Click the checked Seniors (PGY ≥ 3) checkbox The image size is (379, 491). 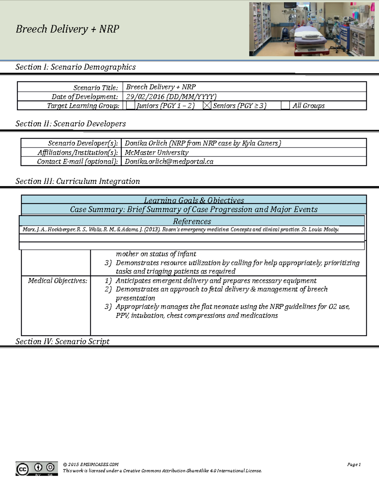coord(207,106)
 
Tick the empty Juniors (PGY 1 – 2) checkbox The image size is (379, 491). coord(130,106)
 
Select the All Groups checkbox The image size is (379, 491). coord(285,106)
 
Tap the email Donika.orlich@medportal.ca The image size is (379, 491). coord(169,162)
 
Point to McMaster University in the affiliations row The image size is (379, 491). coord(157,152)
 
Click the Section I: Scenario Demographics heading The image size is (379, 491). coord(75,67)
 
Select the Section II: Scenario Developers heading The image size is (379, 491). coord(70,124)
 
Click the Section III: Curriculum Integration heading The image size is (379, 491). coord(78,181)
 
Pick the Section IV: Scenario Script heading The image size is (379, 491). coord(63,341)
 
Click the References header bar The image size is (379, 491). coord(192,221)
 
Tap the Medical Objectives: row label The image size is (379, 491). coord(57,281)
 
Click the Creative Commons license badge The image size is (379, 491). coord(37,469)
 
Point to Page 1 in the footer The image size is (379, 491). coord(354,464)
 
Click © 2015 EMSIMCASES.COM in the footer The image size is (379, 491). coord(91,464)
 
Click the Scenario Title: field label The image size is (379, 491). coord(95,88)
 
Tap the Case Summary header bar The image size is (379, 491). coord(194,209)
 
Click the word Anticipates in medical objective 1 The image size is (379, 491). coord(133,281)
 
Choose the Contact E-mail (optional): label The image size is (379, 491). coord(77,162)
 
